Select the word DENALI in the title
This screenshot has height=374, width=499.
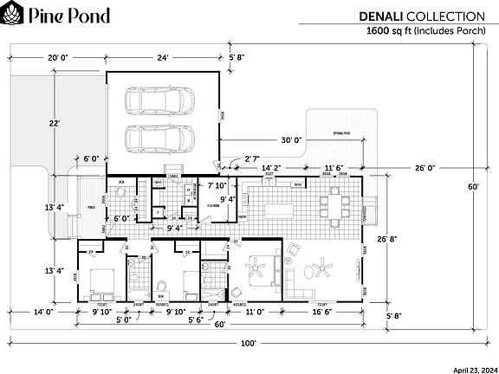pos(382,16)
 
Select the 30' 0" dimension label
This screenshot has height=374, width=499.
pos(290,140)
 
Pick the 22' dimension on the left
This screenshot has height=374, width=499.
pos(55,124)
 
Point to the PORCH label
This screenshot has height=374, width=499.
pos(91,208)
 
